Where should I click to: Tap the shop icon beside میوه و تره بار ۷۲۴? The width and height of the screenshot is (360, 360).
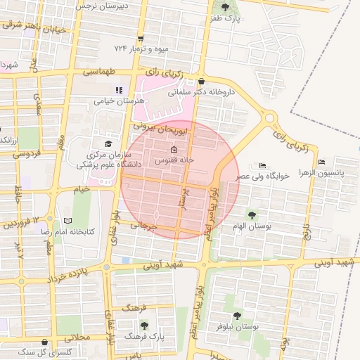(x=141, y=39)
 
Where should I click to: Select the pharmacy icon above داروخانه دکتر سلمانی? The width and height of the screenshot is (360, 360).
(x=202, y=81)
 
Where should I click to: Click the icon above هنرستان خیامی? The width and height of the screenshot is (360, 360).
(x=119, y=90)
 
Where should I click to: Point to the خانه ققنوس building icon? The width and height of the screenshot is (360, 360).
(x=174, y=150)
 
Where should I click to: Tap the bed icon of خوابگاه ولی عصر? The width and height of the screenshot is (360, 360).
(x=263, y=165)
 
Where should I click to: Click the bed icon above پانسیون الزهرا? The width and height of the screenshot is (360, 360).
(x=321, y=162)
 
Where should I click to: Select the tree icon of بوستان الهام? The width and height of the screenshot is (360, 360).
(x=251, y=215)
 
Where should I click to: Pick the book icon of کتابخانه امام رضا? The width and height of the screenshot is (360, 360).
(x=67, y=221)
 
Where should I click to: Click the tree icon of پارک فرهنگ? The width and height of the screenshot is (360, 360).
(x=144, y=325)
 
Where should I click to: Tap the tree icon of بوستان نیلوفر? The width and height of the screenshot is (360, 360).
(x=236, y=316)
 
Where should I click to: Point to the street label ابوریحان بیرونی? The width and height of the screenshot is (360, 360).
(x=162, y=129)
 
